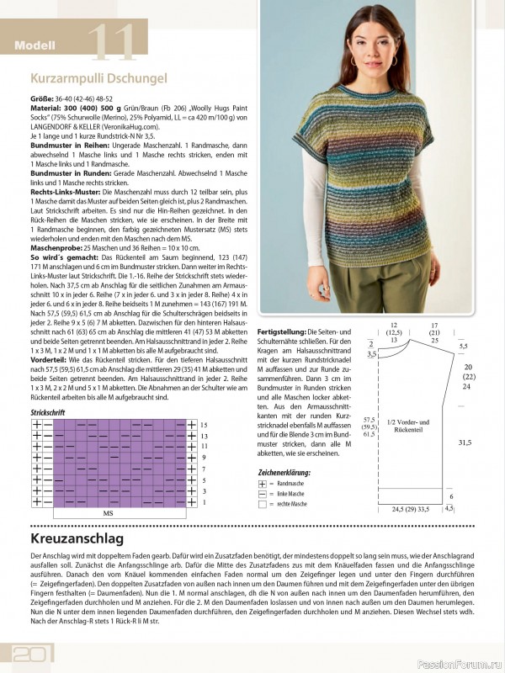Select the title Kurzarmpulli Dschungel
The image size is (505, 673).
coord(98,79)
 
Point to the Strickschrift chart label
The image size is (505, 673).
coord(50,414)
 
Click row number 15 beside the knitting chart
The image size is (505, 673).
coord(204,426)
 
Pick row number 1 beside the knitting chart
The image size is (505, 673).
coord(203,502)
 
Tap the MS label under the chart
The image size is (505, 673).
coord(108,512)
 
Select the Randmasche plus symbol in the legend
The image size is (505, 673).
coord(263,485)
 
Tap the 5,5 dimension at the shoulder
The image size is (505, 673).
coord(462,346)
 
